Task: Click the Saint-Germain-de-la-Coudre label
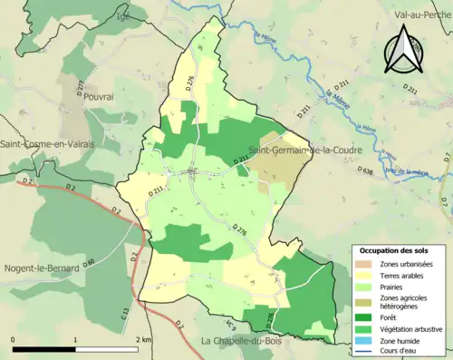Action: pos(302,150)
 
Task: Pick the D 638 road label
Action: pos(365,170)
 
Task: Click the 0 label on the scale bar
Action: pos(14,339)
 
